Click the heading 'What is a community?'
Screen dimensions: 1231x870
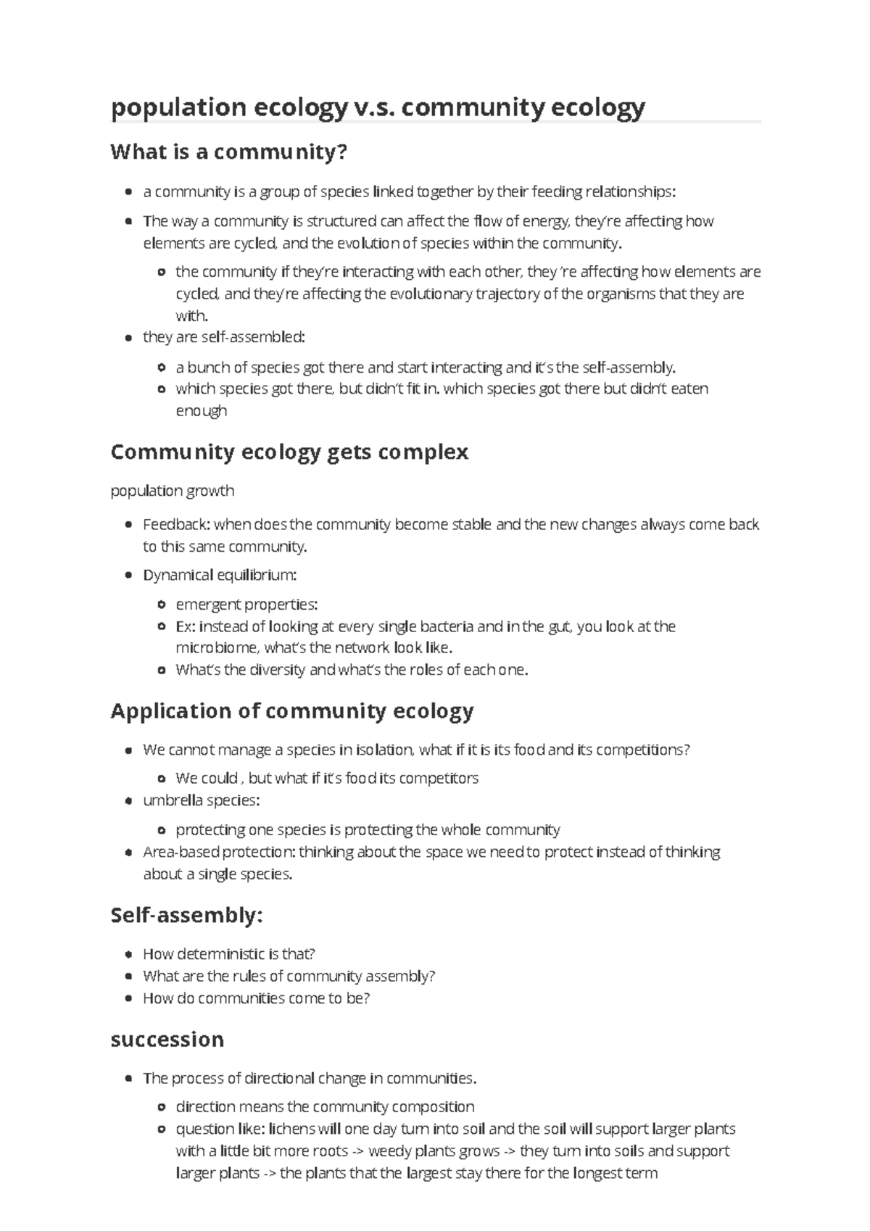(229, 152)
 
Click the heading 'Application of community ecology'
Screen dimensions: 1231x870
(291, 710)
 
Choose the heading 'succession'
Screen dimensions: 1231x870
(167, 1039)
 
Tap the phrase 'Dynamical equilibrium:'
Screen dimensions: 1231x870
(220, 575)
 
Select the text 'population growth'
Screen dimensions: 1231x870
(172, 491)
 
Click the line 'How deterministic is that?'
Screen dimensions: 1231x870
(228, 954)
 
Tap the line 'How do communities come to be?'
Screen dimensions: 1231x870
(256, 998)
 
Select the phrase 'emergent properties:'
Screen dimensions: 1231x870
(246, 605)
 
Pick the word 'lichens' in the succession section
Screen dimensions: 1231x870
(294, 1129)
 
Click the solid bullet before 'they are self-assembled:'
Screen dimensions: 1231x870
(128, 338)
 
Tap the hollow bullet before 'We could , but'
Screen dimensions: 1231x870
(161, 779)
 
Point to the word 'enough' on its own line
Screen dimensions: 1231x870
(201, 411)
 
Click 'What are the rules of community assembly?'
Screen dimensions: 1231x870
(289, 976)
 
